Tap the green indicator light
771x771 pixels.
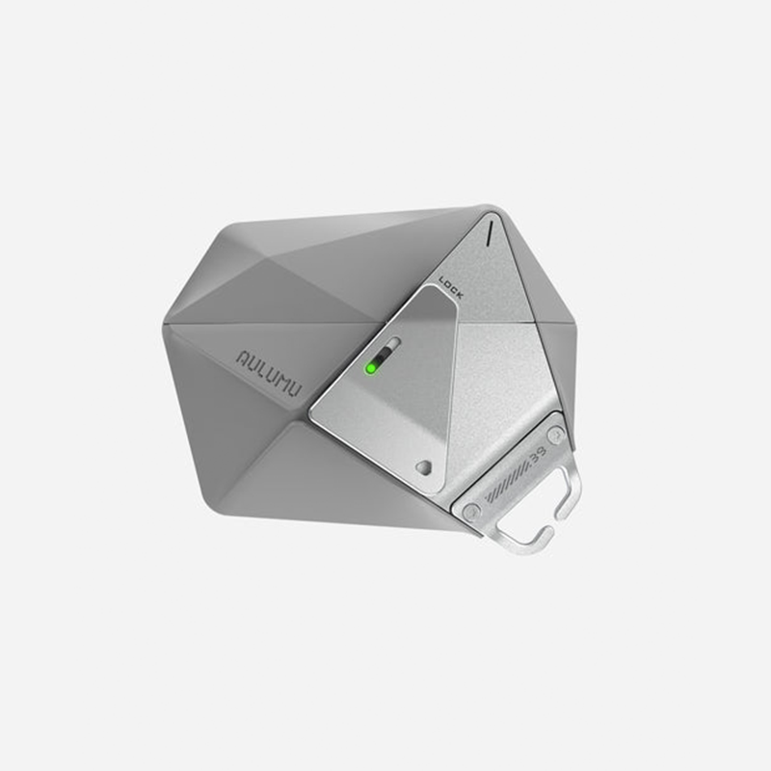370,367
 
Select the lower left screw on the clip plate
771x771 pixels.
470,514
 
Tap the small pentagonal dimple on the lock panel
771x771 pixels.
422,466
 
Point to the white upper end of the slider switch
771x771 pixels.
392,343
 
